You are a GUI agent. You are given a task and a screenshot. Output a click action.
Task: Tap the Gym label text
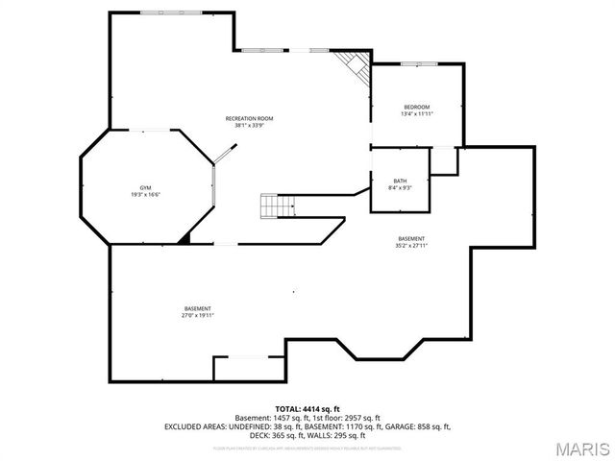click(x=146, y=187)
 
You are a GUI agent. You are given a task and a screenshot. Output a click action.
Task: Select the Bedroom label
click(x=416, y=107)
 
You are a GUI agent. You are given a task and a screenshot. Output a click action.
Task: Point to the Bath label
click(x=400, y=182)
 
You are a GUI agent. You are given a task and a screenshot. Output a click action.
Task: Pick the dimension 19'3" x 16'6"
click(x=146, y=194)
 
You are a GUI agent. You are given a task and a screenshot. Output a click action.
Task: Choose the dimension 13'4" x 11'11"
click(x=416, y=113)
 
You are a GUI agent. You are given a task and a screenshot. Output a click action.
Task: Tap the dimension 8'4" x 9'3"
click(x=400, y=188)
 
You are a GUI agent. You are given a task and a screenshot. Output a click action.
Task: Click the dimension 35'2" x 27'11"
click(x=411, y=245)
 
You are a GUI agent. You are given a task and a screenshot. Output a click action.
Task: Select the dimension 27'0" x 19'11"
click(x=198, y=315)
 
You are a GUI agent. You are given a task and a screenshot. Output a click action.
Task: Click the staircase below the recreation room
click(x=276, y=206)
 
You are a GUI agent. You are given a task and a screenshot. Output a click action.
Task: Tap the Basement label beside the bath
click(x=411, y=238)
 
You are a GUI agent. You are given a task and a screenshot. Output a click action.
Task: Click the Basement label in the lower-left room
click(x=198, y=308)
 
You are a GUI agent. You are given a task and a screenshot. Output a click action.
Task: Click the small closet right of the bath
click(x=443, y=160)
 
